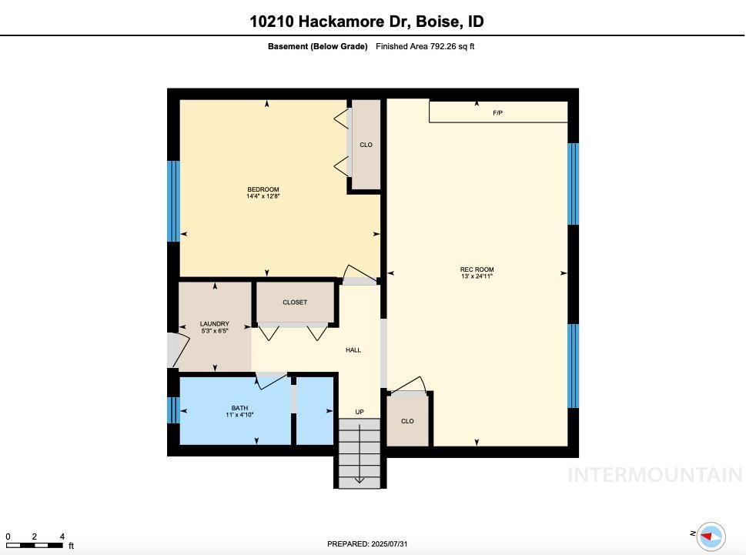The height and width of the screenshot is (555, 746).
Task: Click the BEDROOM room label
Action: tap(263, 189)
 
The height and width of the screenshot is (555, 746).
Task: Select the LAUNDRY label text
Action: tap(215, 324)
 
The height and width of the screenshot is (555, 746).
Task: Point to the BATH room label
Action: tap(240, 408)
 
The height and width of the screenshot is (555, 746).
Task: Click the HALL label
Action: tap(353, 350)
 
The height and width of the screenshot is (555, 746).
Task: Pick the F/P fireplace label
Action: tap(498, 113)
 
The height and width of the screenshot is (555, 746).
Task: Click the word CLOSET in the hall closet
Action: tap(295, 303)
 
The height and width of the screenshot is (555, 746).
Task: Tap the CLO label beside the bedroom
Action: tap(366, 145)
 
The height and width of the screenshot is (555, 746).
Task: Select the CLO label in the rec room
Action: tap(407, 421)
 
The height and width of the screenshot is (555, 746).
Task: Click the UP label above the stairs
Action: tap(360, 412)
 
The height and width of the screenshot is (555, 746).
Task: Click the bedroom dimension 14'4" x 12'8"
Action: tap(263, 197)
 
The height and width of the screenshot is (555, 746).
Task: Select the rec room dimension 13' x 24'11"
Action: tap(477, 276)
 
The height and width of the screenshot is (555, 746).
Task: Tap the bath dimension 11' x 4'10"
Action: tap(240, 415)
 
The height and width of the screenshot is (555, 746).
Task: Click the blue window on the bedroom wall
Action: tap(173, 201)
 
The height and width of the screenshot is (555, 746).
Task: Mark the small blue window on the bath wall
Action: tap(173, 410)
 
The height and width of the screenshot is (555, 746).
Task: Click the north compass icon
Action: tap(710, 536)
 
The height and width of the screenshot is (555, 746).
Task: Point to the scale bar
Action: tap(35, 545)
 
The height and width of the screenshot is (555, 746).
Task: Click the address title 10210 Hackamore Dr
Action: tap(366, 22)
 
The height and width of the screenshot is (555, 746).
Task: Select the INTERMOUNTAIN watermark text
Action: tap(654, 475)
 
